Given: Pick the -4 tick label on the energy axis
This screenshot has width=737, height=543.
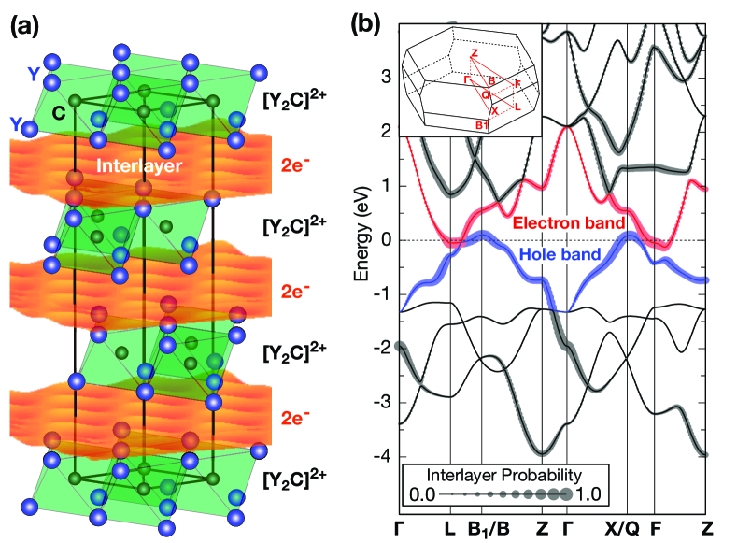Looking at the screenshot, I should (385, 456).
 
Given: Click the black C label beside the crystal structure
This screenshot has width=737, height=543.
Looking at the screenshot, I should (58, 112).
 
